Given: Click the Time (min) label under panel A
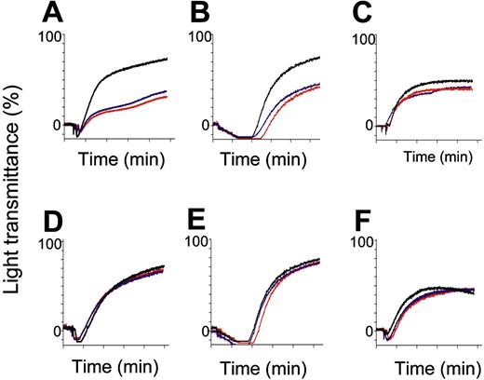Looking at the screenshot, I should pyautogui.click(x=122, y=158).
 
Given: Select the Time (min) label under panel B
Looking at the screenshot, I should pyautogui.click(x=274, y=158).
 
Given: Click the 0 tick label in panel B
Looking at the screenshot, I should pyautogui.click(x=208, y=125).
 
